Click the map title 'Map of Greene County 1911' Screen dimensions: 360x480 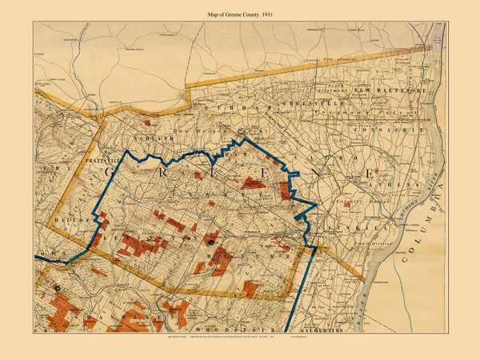point(240,9)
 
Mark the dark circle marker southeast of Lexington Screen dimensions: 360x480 point(210,240)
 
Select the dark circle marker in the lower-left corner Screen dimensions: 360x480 point(57,288)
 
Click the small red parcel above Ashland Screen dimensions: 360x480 point(148,123)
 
